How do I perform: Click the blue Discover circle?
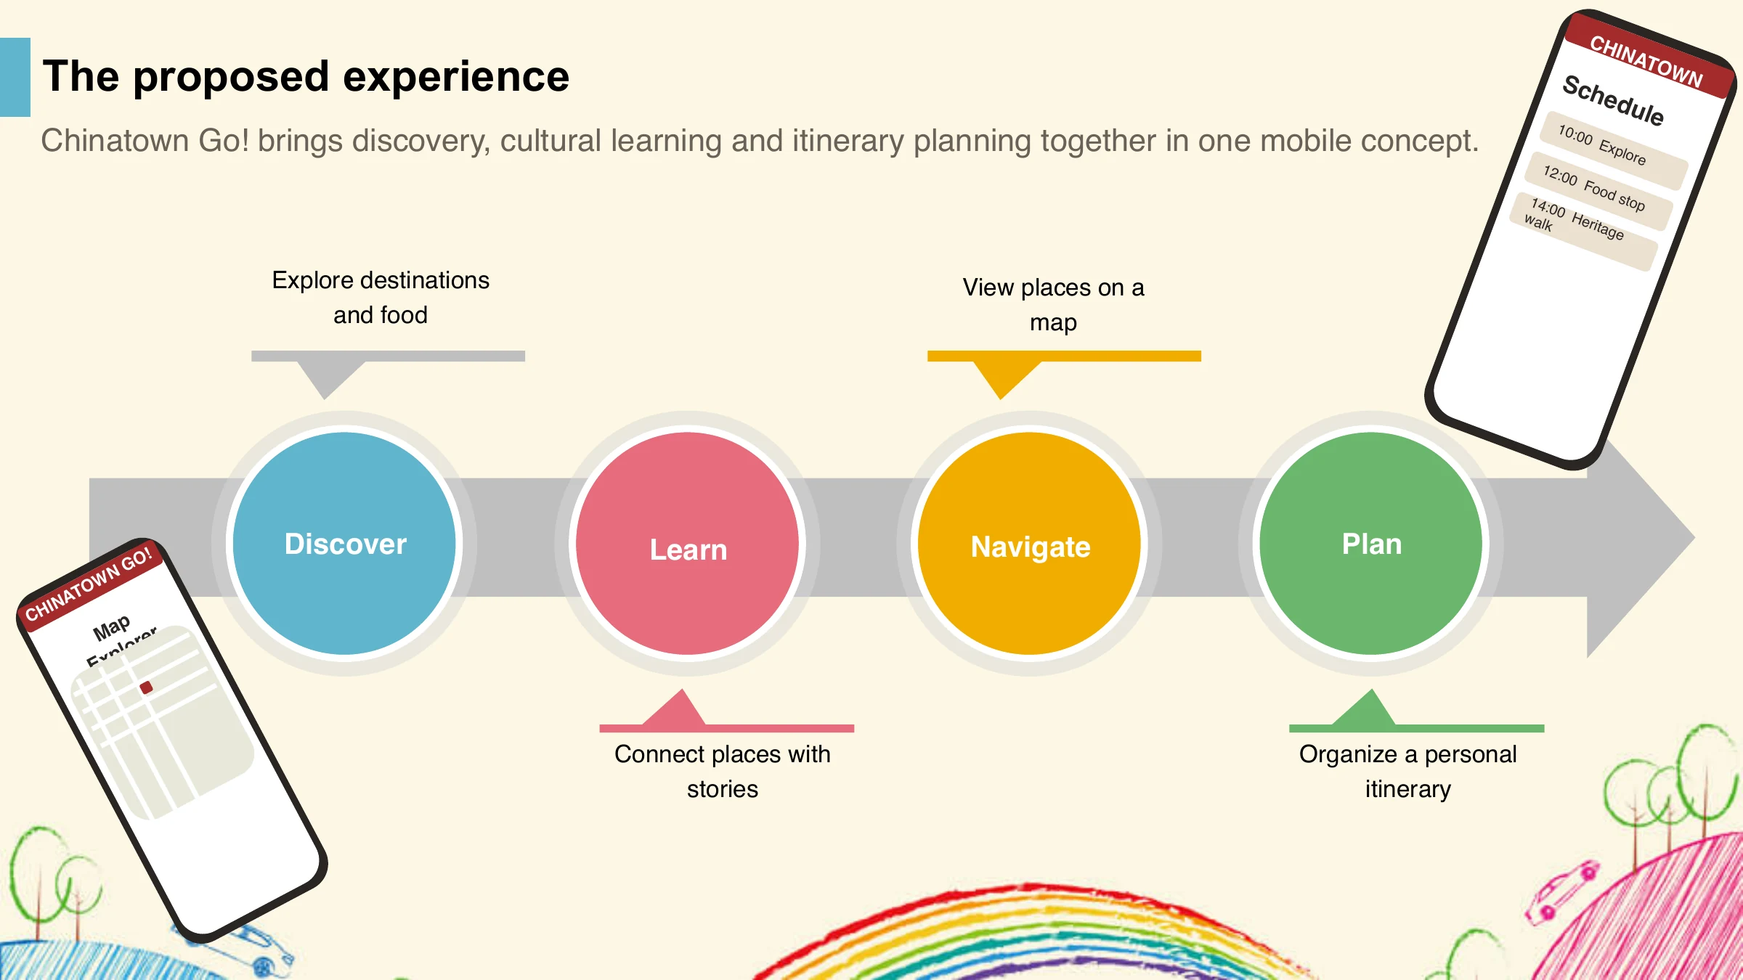(344, 544)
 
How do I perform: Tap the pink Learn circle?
(687, 544)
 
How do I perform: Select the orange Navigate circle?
(1029, 544)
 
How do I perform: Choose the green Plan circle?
(1371, 544)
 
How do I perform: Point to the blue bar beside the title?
(15, 77)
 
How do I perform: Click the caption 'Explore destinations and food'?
(381, 298)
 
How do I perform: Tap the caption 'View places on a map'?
(1053, 305)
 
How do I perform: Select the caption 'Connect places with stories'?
(723, 771)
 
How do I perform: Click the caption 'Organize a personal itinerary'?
(1407, 771)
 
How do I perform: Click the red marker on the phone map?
(147, 687)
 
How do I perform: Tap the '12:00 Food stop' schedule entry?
(1597, 191)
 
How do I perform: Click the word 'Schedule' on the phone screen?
(1613, 100)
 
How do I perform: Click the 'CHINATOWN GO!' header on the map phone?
(89, 584)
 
